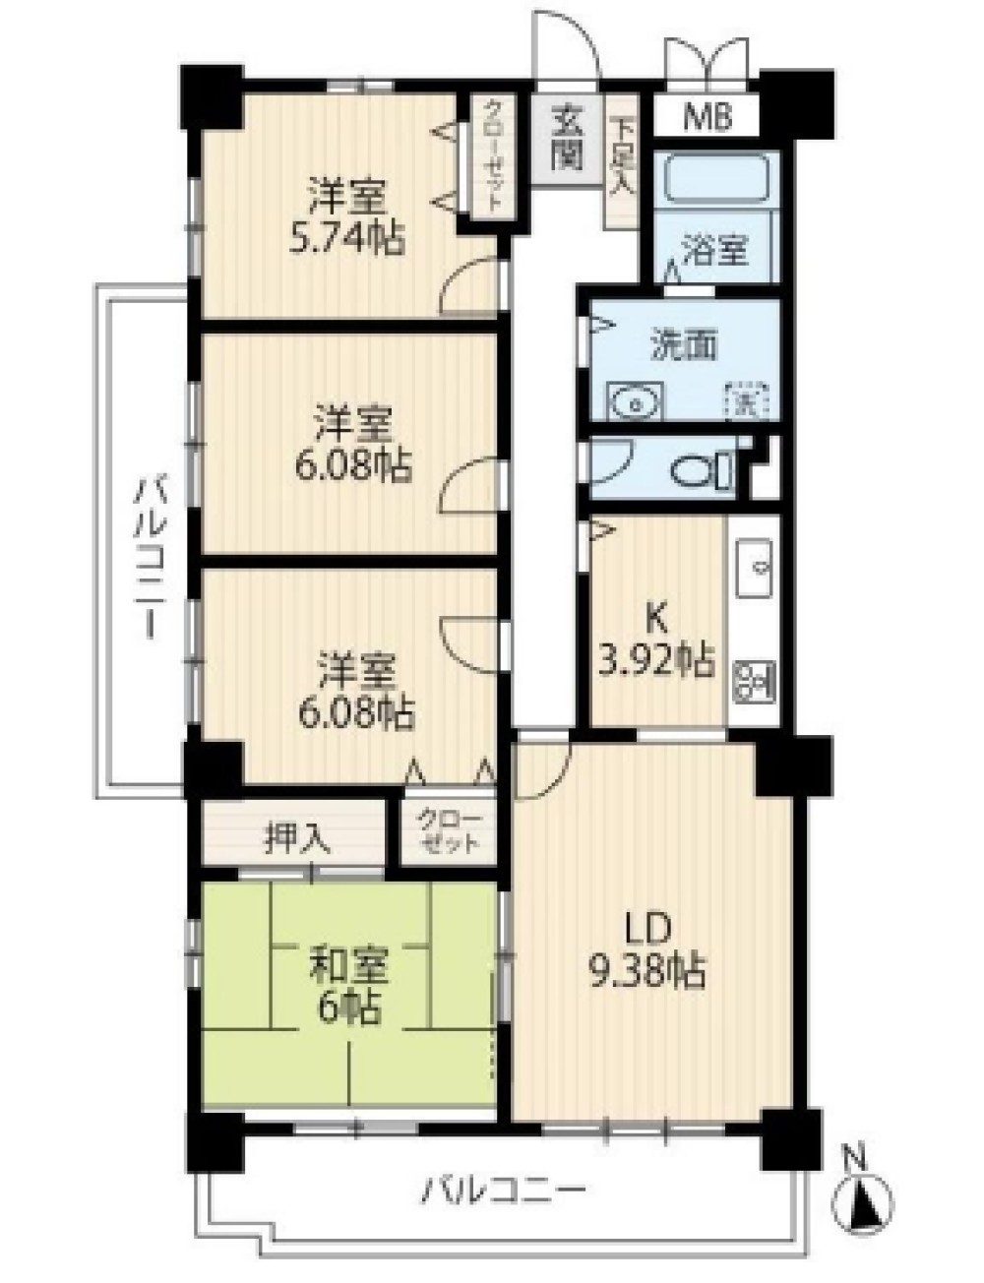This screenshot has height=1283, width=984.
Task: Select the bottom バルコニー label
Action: (x=505, y=1193)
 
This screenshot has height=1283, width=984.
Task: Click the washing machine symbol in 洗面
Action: (x=746, y=400)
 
